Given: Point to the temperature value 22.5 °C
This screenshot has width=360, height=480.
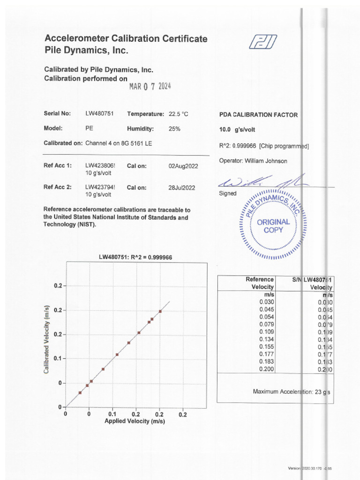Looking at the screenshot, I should click(178, 114).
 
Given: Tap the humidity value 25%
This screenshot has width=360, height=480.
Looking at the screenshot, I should click(174, 128).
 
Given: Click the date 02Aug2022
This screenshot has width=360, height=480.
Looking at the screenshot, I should click(183, 165).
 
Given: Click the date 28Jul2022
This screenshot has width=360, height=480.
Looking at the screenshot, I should click(182, 187).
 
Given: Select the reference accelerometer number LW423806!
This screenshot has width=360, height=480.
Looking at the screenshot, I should click(100, 165).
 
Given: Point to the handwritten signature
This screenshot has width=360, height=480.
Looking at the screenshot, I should click(262, 181).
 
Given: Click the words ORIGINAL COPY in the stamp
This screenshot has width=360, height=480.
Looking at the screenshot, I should click(273, 226).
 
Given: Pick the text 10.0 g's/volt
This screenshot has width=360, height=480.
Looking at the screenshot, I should click(237, 130).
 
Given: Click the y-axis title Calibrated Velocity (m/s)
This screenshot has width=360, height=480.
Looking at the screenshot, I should click(47, 339).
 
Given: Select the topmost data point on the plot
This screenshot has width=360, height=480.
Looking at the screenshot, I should click(160, 311).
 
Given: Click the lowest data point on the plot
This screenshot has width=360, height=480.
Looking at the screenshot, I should click(80, 393).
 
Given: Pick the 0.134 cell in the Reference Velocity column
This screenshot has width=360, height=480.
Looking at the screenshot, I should click(267, 339).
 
